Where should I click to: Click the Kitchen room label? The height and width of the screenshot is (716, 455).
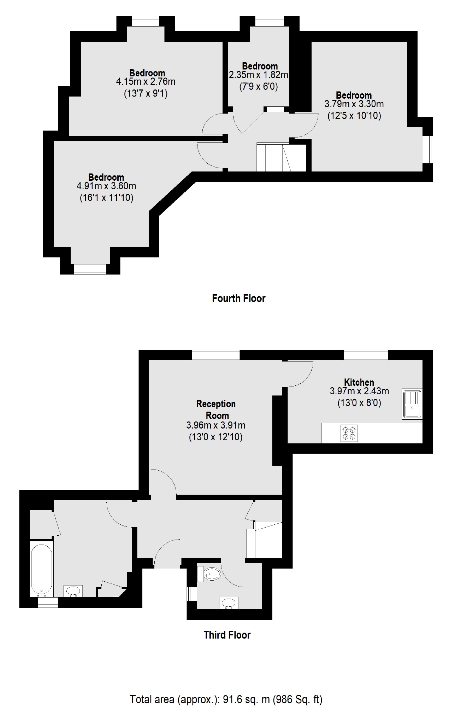pos(359,382)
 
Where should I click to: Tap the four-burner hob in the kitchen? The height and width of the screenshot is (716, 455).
pos(349,433)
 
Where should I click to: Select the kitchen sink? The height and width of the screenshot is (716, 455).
pos(412,404)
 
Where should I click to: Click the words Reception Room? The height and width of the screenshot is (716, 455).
pos(216,409)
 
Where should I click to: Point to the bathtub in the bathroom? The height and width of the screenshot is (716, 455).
pos(41,569)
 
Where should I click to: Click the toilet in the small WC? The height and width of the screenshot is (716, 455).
pos(211,574)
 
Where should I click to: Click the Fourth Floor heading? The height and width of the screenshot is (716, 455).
pos(238,298)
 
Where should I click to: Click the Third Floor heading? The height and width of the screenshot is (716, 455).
pos(227,635)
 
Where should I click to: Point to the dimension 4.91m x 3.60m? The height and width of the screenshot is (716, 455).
pos(106,186)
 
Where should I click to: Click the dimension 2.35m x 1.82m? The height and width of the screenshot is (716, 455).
pos(259,75)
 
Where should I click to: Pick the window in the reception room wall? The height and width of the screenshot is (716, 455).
pos(215,355)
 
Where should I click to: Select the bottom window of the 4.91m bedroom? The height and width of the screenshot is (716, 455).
pos(90,269)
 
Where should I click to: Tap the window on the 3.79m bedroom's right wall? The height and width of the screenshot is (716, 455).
pos(428,149)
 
